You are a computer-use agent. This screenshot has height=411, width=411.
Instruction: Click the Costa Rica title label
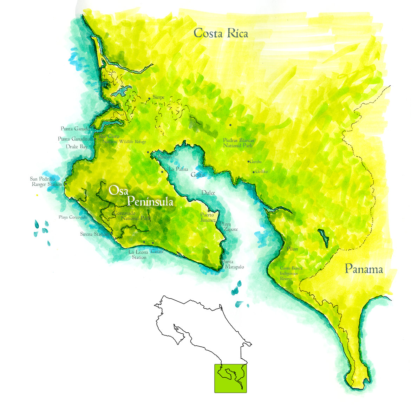pos(221,33)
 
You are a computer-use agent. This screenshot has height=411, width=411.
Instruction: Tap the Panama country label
pos(364,269)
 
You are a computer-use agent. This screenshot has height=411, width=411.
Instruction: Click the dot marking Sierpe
pos(149,98)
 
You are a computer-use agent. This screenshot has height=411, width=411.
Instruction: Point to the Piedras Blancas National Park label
pos(238,143)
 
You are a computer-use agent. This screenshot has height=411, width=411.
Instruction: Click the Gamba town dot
pos(248,162)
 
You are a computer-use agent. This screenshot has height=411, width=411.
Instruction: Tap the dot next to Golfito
pos(254,172)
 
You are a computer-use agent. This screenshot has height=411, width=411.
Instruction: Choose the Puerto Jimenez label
pos(208,217)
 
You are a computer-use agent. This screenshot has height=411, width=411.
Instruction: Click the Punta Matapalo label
pos(232,264)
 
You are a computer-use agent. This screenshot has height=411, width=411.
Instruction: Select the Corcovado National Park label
pos(131,216)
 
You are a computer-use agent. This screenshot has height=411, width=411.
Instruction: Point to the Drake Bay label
pos(77,146)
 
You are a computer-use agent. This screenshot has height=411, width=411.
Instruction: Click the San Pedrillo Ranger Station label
pos(45,182)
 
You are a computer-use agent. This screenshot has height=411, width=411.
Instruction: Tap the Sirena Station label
pos(94,234)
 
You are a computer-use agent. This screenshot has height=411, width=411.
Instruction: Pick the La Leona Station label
pos(138,255)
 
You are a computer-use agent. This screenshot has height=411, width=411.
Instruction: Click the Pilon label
pos(292,249)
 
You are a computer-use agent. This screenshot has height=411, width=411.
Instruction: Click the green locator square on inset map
pos(230,378)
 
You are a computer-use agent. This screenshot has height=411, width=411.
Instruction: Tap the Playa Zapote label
pos(229,227)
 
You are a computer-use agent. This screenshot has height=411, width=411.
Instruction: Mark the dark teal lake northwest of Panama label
pos(324,238)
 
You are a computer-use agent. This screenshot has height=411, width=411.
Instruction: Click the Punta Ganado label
pos(75,129)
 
